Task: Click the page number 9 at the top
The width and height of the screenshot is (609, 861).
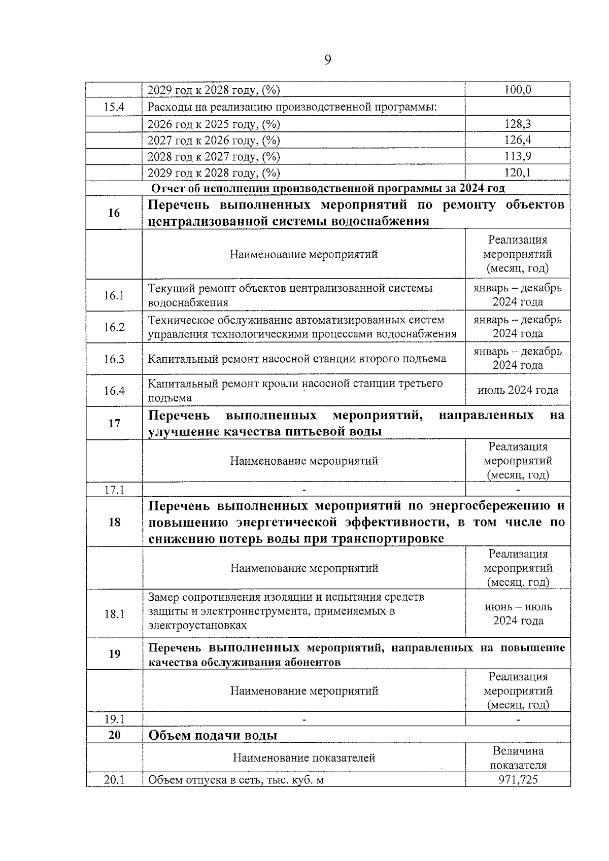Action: pos(327,60)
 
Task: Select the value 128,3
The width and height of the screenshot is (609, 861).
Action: pos(518,124)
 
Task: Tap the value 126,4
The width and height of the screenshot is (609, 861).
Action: pos(518,140)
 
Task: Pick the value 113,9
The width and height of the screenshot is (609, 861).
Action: pos(518,156)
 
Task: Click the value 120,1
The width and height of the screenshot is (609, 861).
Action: pos(518,173)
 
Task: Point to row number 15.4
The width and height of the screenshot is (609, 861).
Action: pos(114,107)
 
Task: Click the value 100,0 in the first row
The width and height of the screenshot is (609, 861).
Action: pos(518,90)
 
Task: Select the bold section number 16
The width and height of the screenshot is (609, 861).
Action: pos(114,213)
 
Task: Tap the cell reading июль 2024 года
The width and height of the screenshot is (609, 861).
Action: pos(518,390)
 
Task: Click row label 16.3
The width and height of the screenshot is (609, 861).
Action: pos(114,359)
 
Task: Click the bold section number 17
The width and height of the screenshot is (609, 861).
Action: pos(114,423)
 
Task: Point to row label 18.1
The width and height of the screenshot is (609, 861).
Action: pos(114,614)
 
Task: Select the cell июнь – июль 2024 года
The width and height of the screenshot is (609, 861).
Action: pos(518,613)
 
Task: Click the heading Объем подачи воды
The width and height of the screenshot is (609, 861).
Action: pos(213,735)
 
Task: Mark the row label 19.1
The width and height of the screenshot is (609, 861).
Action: pos(114,719)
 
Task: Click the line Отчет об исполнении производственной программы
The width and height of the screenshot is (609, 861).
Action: pos(328,188)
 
